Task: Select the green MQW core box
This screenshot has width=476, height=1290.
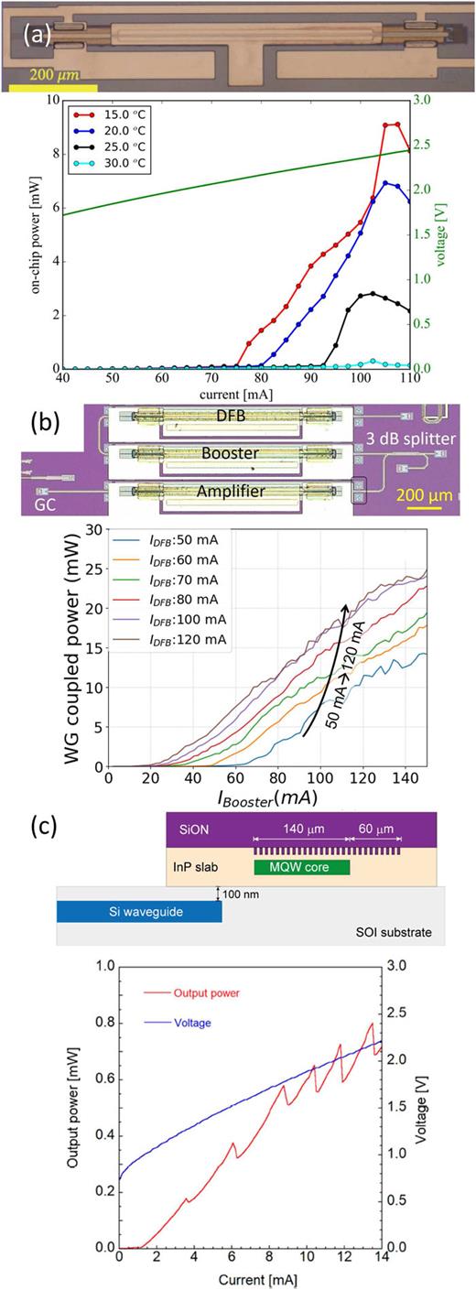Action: coord(301,866)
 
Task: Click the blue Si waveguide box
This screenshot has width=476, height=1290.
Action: coord(138,910)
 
